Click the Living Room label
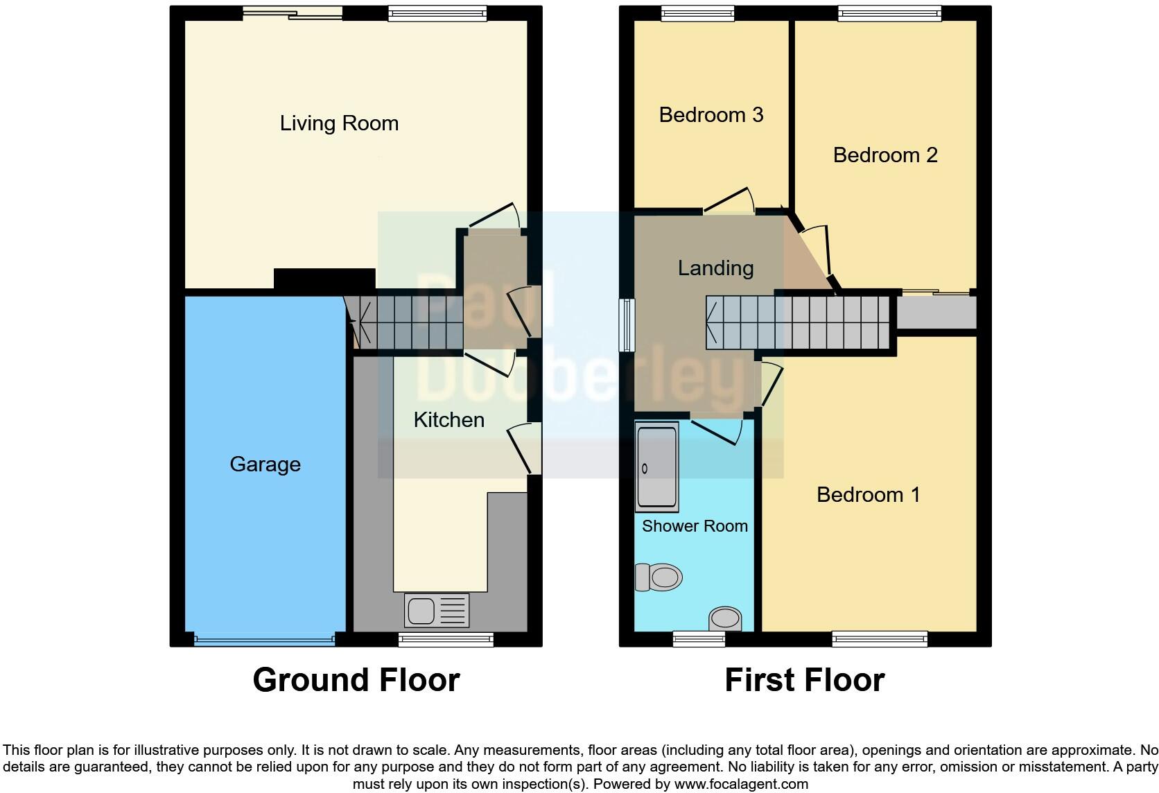(x=339, y=123)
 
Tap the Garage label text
(x=265, y=464)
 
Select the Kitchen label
(x=448, y=419)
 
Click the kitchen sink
(x=436, y=611)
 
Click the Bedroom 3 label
(x=711, y=114)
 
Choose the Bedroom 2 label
(x=885, y=155)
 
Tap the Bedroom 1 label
(x=868, y=494)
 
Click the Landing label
(x=715, y=268)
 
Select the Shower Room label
(x=695, y=525)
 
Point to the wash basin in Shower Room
(x=725, y=617)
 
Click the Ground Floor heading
(x=356, y=680)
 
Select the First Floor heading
(x=804, y=680)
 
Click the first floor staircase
(x=797, y=322)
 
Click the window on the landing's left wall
(x=627, y=324)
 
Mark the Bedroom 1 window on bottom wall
(x=879, y=638)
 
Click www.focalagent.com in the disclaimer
(x=740, y=784)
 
